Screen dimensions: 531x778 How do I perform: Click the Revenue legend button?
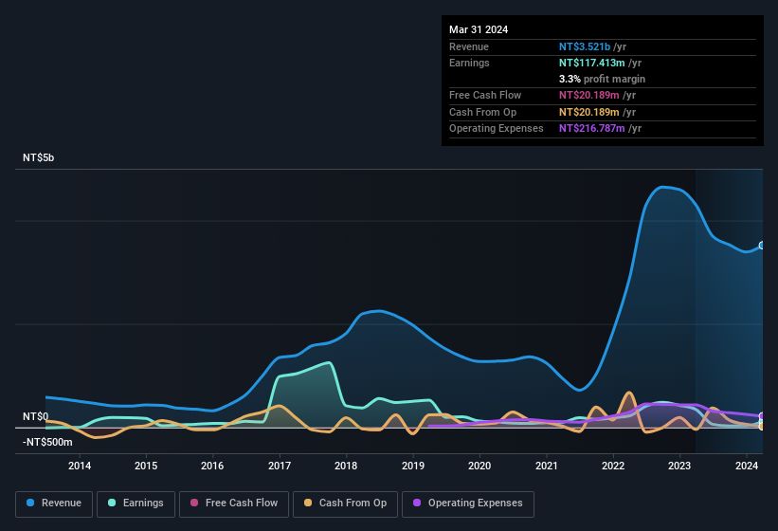tap(55, 504)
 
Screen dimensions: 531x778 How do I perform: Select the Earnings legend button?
tap(135, 504)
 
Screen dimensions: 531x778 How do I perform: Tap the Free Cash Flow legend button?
tap(233, 504)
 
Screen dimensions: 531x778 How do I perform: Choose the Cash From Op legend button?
tap(345, 504)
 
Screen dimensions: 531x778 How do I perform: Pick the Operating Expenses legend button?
tap(468, 504)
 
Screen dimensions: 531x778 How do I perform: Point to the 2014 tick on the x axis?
tap(80, 466)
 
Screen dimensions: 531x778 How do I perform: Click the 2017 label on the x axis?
tap(280, 466)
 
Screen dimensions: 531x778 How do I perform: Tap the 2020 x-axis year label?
tap(479, 466)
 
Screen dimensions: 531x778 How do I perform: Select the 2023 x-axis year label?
tap(679, 466)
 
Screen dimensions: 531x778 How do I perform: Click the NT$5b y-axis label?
tap(39, 157)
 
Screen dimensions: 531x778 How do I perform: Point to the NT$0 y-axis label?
tap(35, 416)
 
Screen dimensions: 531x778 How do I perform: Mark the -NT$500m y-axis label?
tap(47, 442)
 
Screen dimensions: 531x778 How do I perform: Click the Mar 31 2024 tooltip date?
tap(479, 29)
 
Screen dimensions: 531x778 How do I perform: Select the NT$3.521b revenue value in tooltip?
tap(588, 46)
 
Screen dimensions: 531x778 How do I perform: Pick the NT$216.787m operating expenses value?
tap(592, 128)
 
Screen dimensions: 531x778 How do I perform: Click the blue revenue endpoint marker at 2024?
tap(761, 246)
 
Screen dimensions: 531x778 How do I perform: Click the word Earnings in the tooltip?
tap(470, 63)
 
